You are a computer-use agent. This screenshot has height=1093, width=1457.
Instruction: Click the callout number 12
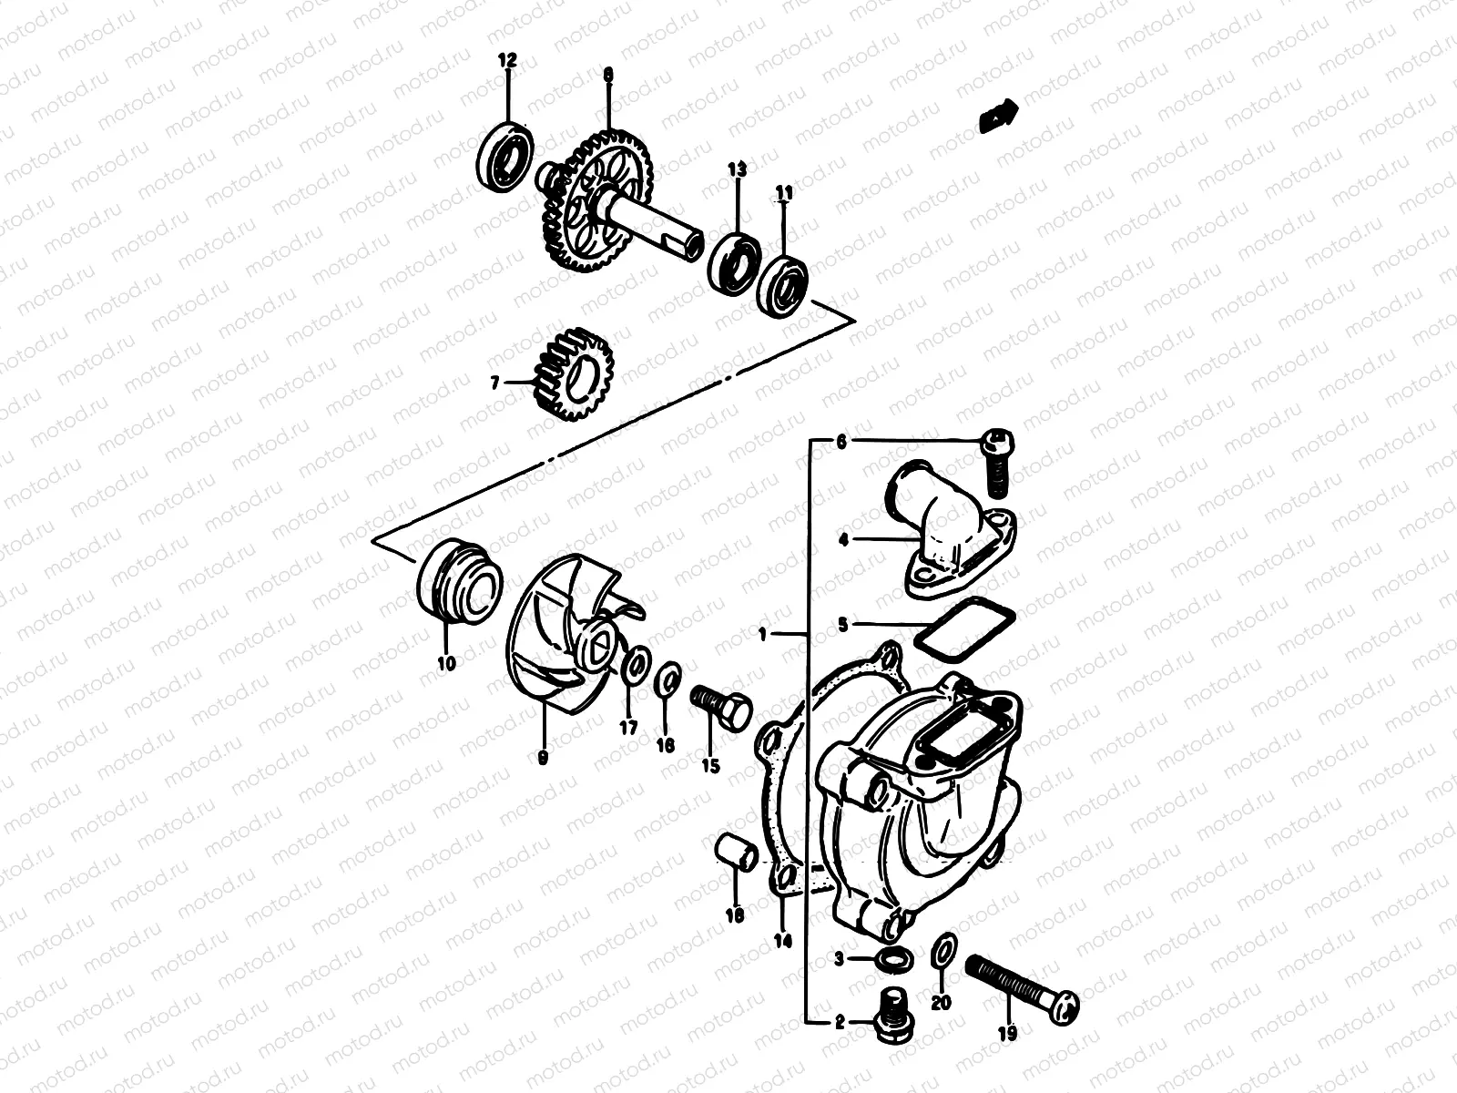coord(506,60)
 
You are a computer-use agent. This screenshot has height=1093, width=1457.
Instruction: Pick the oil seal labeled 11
coord(783,284)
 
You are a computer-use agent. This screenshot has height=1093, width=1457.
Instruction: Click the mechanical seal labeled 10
coord(460,580)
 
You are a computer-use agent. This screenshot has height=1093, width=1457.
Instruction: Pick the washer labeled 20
coord(943,953)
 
